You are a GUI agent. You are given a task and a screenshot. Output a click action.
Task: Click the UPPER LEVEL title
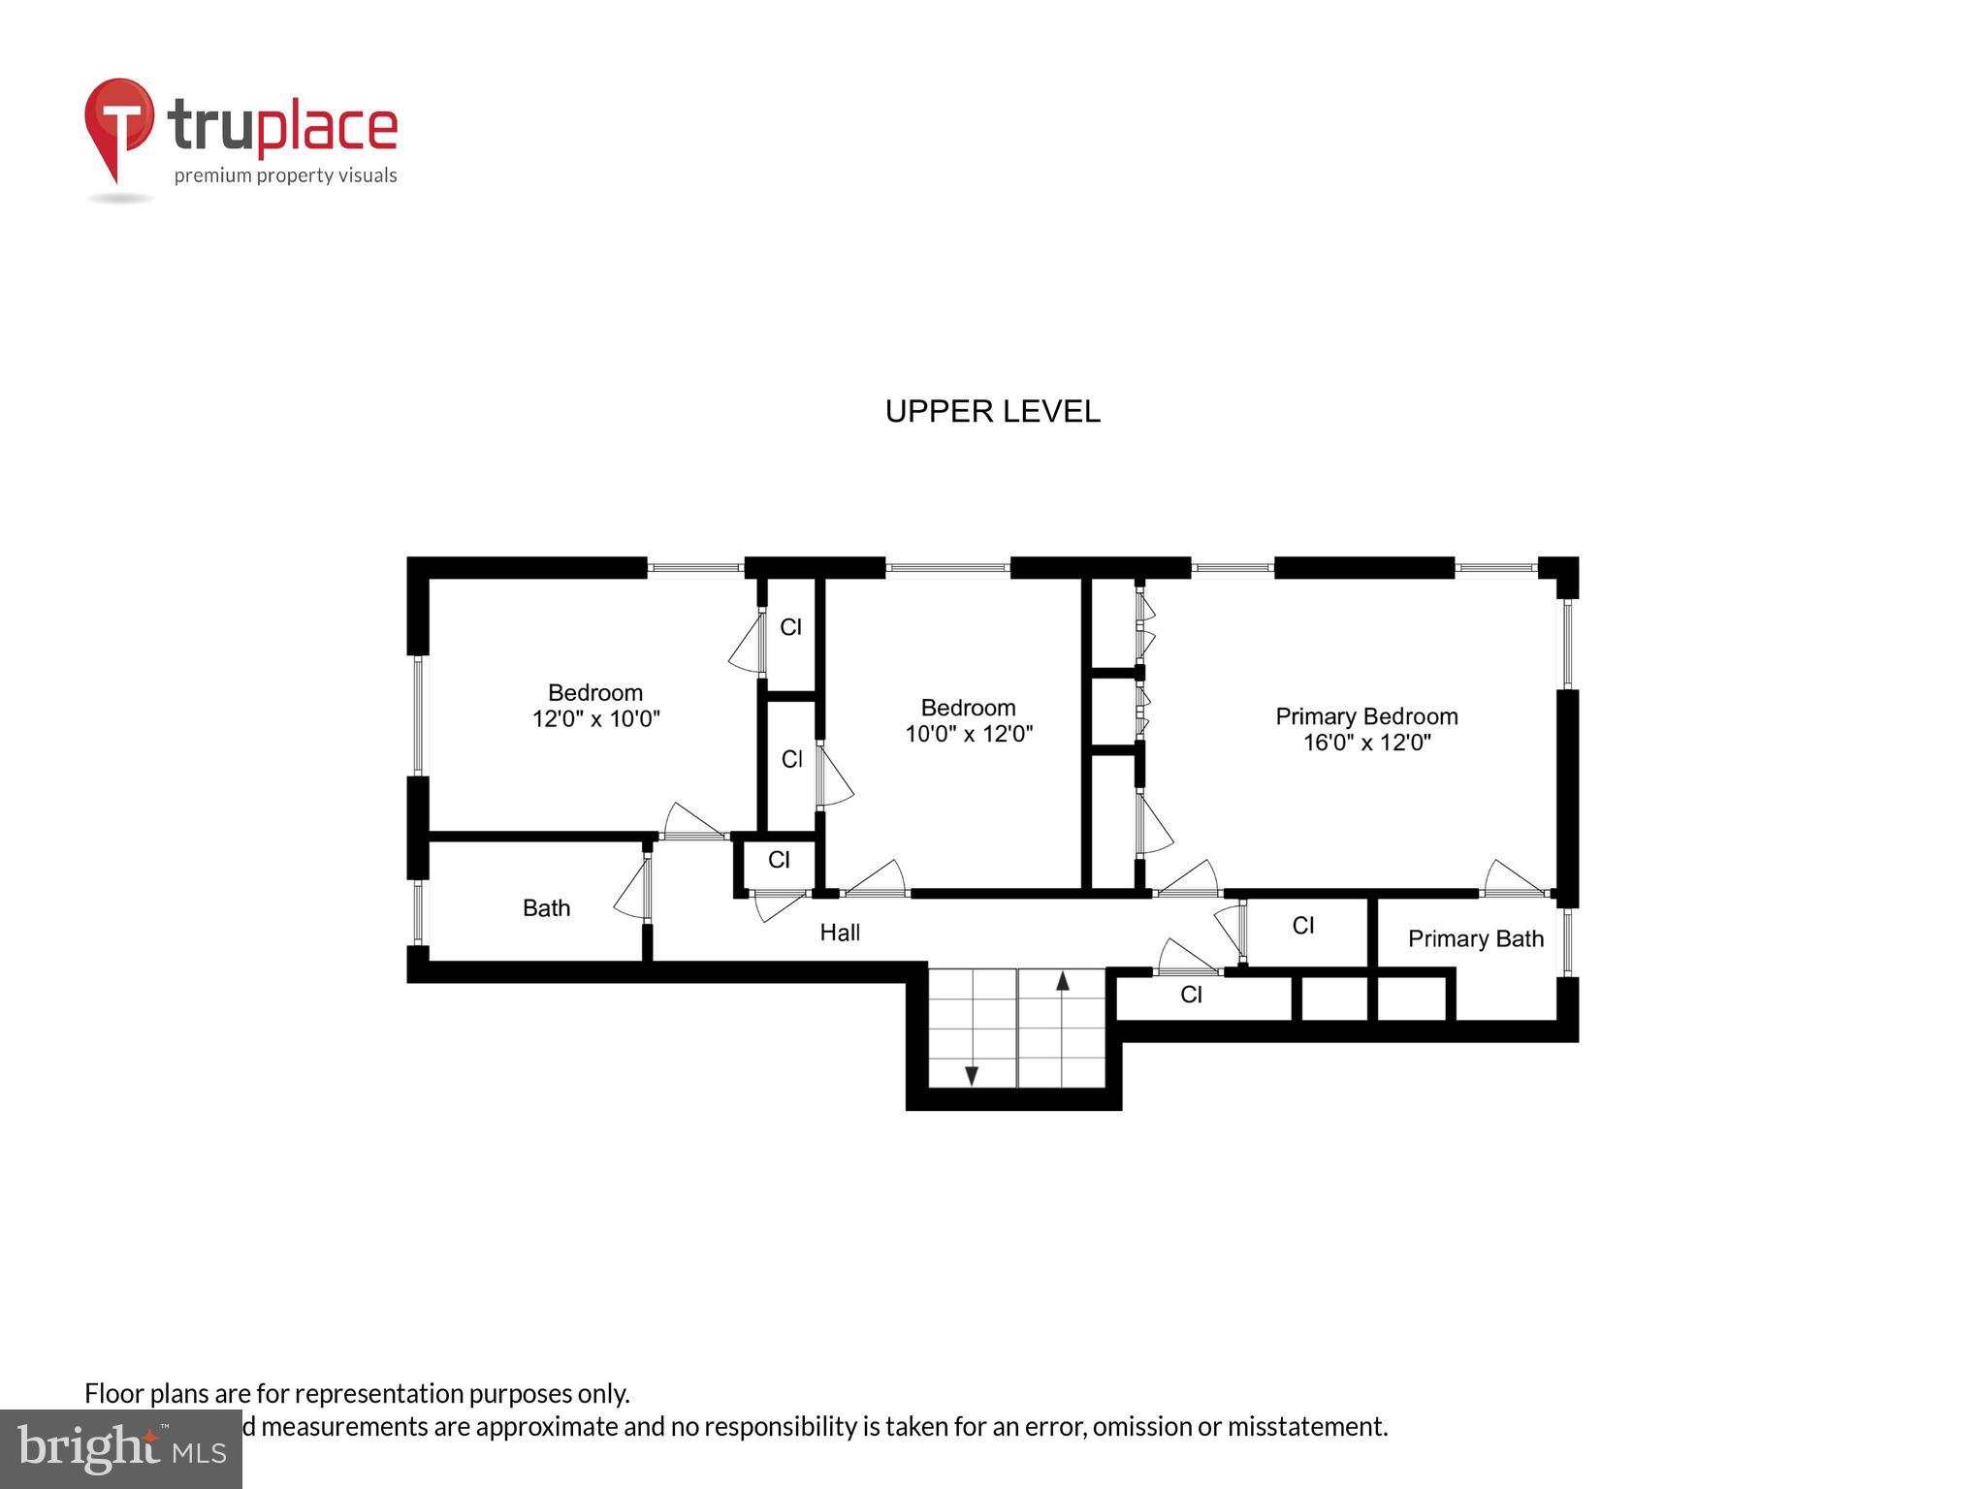[992, 411]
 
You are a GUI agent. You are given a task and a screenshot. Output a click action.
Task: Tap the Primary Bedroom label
[1365, 716]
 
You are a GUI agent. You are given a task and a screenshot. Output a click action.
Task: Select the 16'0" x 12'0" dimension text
[1365, 744]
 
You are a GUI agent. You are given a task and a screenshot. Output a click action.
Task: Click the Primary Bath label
[1475, 938]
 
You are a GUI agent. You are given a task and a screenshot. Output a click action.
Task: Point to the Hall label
[840, 933]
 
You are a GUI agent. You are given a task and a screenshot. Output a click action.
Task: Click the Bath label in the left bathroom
[546, 908]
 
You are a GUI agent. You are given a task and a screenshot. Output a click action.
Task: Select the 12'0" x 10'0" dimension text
[595, 719]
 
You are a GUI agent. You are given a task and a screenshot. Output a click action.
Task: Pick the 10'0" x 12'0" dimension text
[968, 734]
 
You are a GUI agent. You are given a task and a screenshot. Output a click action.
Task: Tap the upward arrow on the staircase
[1062, 981]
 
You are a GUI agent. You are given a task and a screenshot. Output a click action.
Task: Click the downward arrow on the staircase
[971, 1075]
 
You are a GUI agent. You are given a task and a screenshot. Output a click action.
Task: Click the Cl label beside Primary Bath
[1302, 926]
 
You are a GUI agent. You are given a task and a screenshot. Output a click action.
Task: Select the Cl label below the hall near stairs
[1191, 995]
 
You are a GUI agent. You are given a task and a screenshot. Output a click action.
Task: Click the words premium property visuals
[285, 175]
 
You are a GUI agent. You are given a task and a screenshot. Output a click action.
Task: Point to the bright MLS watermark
[120, 1448]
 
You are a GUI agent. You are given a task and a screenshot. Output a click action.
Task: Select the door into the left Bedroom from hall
[692, 822]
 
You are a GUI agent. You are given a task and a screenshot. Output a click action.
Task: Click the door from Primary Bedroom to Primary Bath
[1514, 878]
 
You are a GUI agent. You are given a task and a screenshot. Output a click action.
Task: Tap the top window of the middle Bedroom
[947, 568]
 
